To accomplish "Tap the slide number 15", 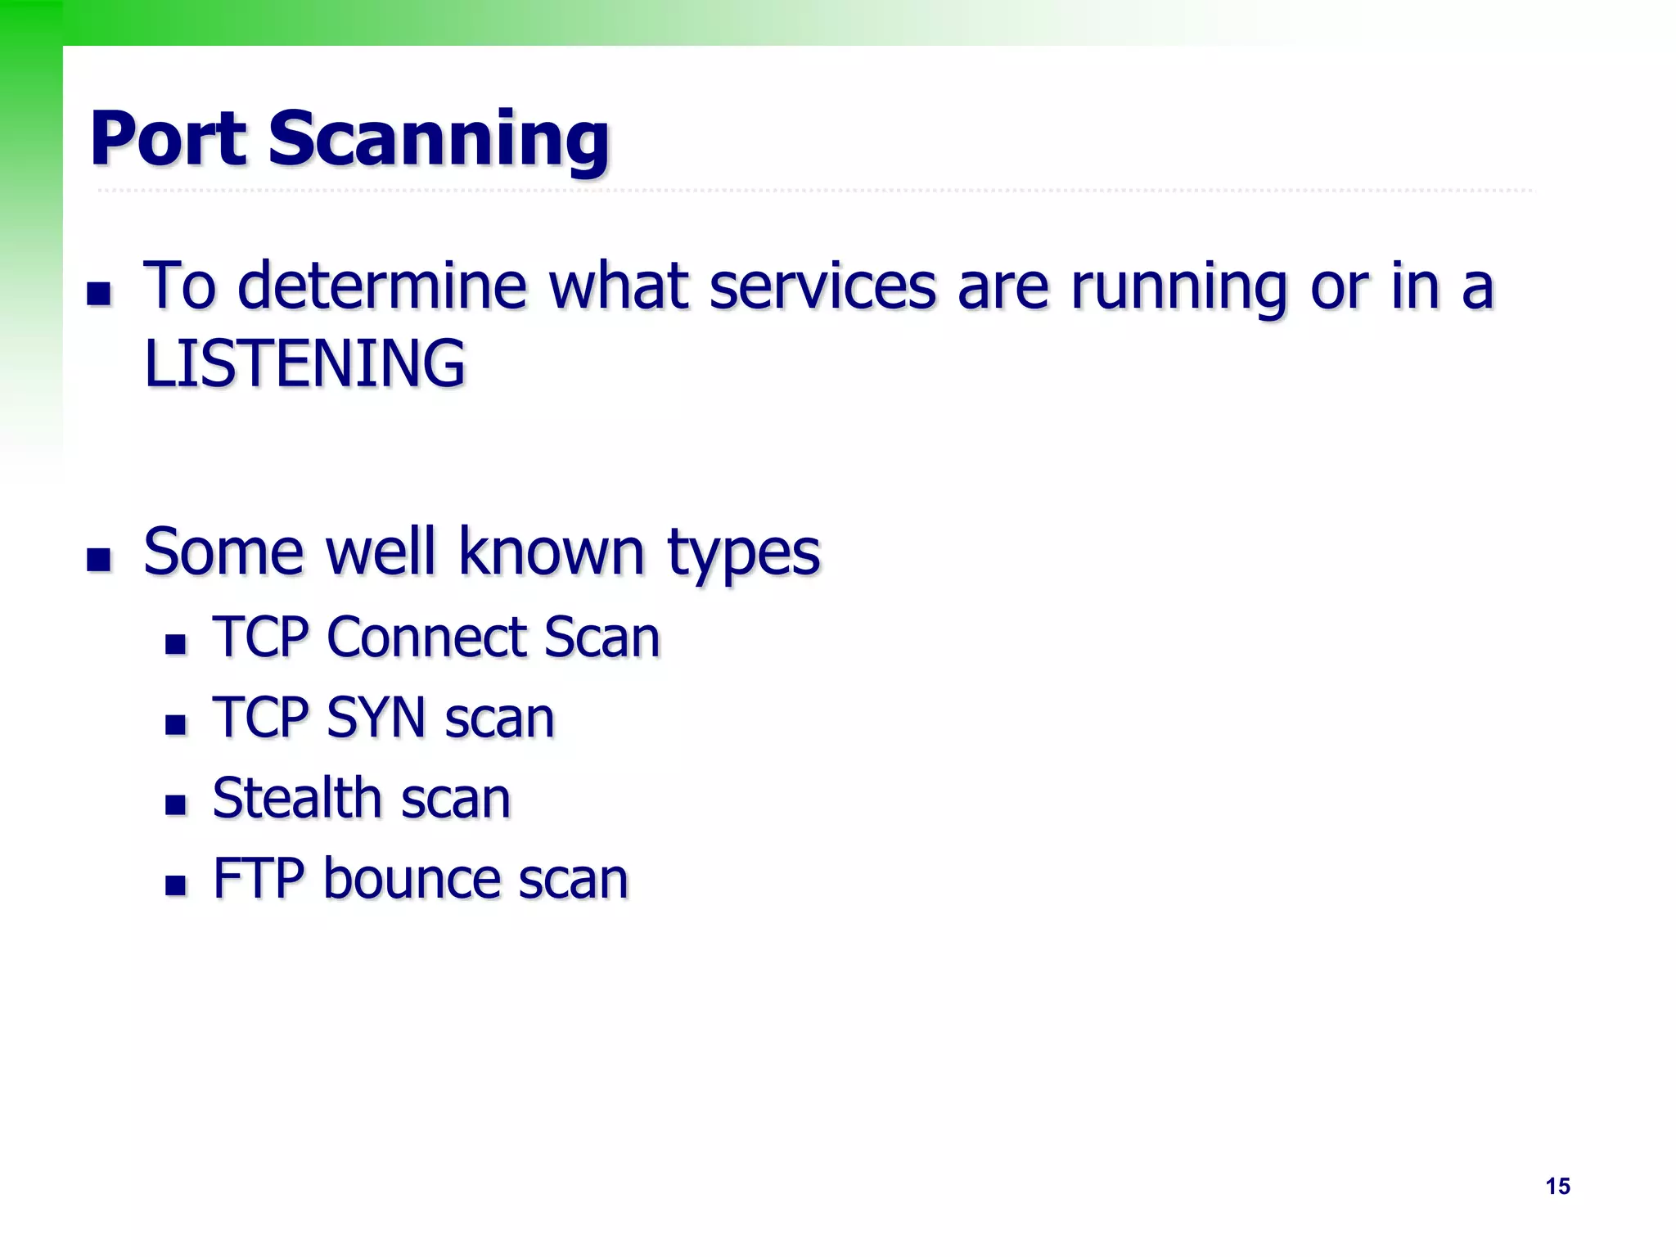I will click(x=1557, y=1186).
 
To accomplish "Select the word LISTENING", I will click(x=304, y=363).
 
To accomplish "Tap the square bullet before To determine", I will click(x=99, y=293).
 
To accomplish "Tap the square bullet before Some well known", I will click(x=99, y=560).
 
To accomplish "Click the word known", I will click(x=551, y=552).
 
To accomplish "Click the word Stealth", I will click(x=296, y=798).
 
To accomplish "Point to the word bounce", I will click(x=411, y=878).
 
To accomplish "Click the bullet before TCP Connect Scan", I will click(x=175, y=644).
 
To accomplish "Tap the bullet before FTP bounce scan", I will click(x=175, y=885).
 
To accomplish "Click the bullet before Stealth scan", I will click(x=175, y=805).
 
